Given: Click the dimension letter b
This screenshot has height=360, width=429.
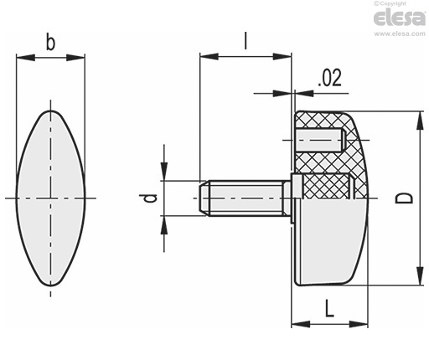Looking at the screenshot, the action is pos(50,42).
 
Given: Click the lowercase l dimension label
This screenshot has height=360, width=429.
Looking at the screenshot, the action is pos(246,41).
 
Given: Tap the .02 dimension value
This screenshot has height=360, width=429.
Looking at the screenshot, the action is pos(329,78).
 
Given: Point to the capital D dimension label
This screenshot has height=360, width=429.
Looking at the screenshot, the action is pos(404,198).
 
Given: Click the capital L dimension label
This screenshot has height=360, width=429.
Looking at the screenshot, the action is pos(330,308).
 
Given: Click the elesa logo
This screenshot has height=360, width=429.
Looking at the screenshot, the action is pos(400,18).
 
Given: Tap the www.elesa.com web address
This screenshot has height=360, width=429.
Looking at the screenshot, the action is pos(400,33).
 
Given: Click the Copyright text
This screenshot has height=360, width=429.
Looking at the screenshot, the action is pos(390,3).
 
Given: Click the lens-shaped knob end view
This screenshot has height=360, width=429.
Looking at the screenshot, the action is pos(50,198).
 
